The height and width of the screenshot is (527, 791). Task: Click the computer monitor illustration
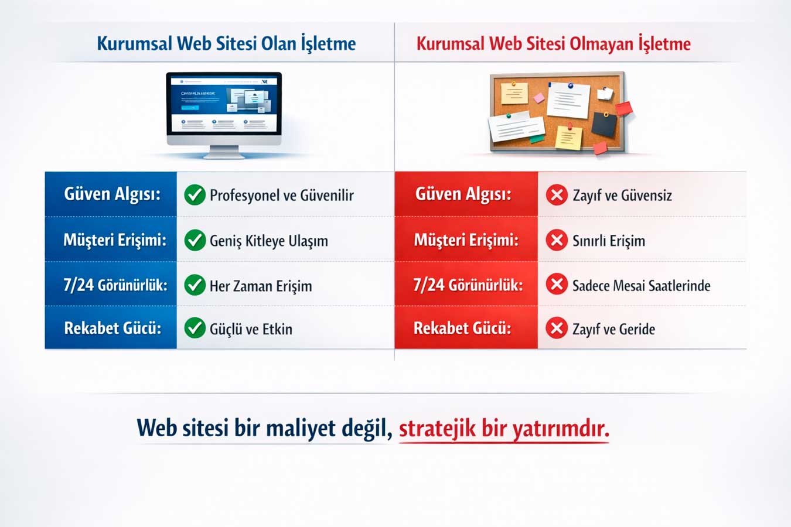click(224, 115)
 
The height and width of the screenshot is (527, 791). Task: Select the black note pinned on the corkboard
click(604, 124)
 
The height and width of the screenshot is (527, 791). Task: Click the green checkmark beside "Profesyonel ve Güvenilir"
click(195, 195)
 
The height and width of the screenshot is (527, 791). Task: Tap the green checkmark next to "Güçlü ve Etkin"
click(195, 328)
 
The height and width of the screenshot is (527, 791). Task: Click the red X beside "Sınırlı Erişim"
click(557, 240)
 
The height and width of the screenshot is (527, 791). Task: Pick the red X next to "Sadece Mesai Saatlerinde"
click(557, 285)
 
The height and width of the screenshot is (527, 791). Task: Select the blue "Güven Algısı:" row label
click(112, 194)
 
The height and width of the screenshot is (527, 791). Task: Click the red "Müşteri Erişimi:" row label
click(466, 241)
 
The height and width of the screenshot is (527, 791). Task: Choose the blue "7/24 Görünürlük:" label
click(115, 285)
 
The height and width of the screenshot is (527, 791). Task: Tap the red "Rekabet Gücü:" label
click(462, 328)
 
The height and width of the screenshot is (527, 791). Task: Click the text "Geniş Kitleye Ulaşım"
click(269, 241)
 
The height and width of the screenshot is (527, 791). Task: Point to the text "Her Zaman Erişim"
click(261, 286)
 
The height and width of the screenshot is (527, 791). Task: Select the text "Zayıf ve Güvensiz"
click(622, 196)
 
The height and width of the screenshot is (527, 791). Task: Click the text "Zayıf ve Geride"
click(613, 329)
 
